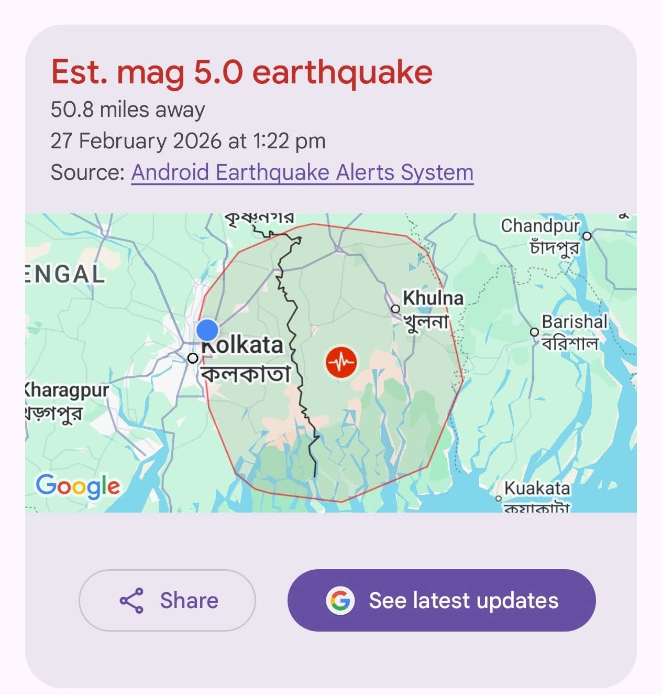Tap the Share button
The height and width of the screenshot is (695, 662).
(167, 600)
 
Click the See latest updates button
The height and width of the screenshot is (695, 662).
(442, 600)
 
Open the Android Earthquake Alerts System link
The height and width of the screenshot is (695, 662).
(302, 172)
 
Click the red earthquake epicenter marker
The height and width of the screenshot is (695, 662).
(341, 362)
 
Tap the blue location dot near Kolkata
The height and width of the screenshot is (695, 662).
(207, 330)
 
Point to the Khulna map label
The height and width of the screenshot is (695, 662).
(433, 298)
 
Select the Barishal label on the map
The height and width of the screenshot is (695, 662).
(574, 322)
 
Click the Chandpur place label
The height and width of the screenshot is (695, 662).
(540, 226)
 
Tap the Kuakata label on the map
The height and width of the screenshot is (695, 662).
(537, 488)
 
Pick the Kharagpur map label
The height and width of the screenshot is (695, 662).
(67, 390)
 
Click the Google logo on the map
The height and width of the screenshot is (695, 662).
(78, 486)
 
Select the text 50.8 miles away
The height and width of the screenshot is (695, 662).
(128, 110)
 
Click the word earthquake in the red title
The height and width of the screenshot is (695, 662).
(343, 72)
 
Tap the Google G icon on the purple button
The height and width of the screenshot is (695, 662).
(340, 600)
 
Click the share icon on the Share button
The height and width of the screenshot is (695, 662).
(131, 601)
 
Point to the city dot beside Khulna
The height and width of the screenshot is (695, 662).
(395, 309)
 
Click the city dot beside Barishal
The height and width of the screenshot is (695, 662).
(534, 332)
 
